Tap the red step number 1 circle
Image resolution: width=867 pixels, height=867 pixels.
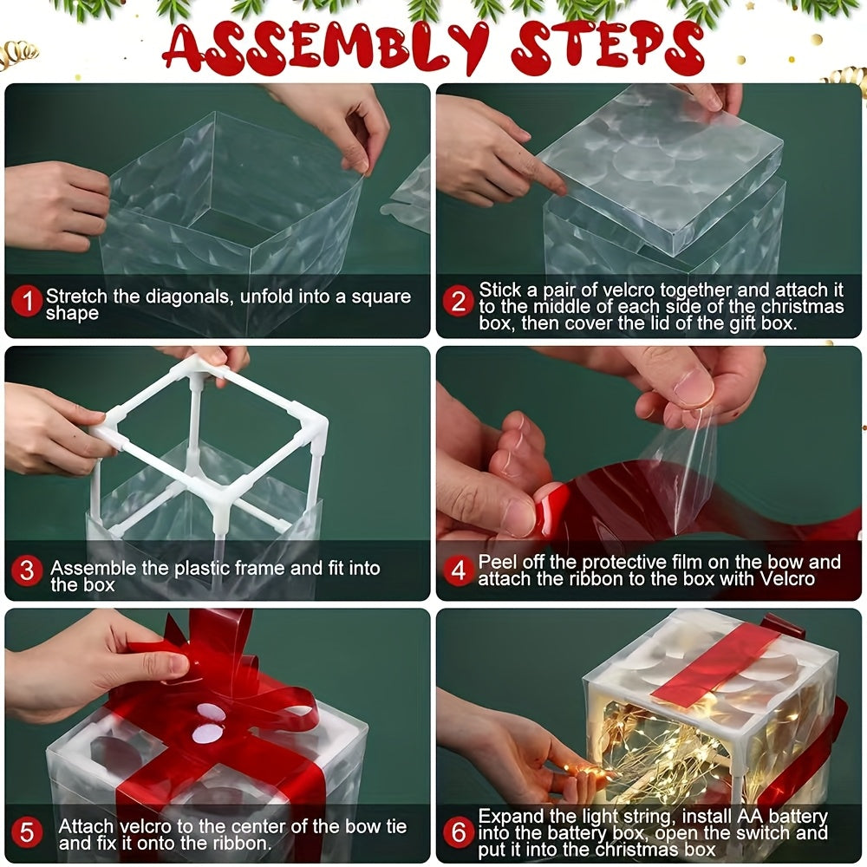point(28,302)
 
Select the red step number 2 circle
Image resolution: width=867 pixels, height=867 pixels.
point(459,301)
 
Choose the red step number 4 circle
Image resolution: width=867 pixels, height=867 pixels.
point(459,570)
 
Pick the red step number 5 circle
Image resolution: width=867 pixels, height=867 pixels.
point(28,833)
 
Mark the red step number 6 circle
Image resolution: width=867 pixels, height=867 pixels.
point(459,832)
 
